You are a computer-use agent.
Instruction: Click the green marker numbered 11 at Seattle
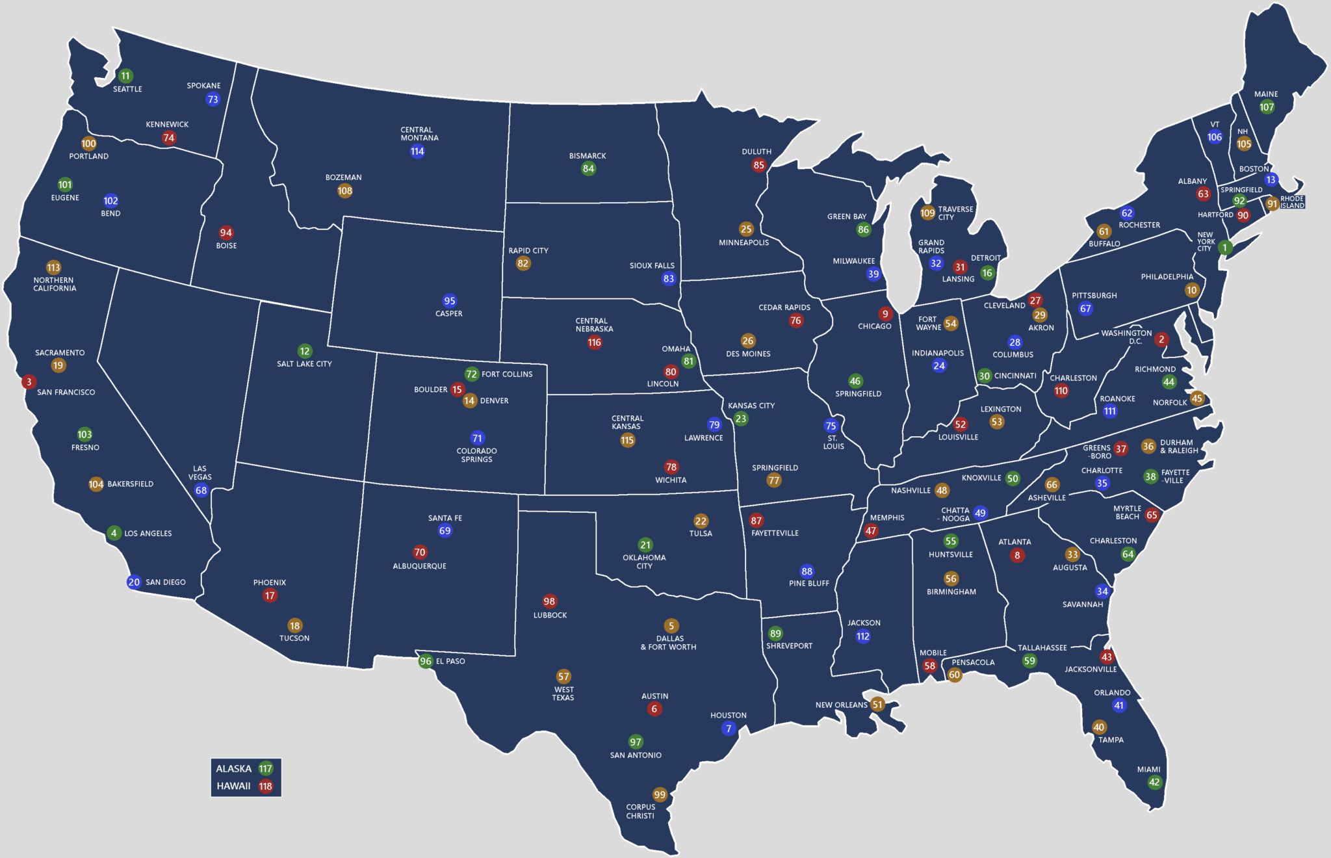(x=125, y=76)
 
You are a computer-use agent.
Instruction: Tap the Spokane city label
(x=203, y=86)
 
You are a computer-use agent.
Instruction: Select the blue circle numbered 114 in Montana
(x=417, y=151)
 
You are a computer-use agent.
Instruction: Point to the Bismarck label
(x=588, y=156)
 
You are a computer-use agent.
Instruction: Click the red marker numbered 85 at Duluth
(x=758, y=165)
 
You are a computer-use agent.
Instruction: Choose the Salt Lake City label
(x=304, y=364)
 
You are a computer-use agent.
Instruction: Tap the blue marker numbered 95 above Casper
(x=450, y=301)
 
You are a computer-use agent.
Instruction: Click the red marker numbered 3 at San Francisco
(x=29, y=382)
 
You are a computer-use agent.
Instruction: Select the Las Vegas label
(x=200, y=473)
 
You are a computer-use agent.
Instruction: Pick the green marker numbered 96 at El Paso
(x=426, y=661)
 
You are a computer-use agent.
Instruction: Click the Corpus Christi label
(x=640, y=811)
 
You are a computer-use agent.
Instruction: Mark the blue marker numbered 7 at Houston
(x=729, y=729)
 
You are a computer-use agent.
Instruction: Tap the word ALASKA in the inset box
(x=233, y=768)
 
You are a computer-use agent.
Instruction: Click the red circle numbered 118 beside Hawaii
(x=265, y=786)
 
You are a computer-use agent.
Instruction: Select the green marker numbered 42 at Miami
(x=1154, y=782)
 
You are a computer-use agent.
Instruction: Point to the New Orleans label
(x=841, y=705)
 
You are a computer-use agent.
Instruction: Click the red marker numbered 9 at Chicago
(x=885, y=314)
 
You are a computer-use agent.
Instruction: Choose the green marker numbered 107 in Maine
(x=1267, y=107)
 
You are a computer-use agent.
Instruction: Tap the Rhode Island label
(x=1292, y=202)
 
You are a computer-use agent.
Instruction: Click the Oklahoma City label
(x=644, y=562)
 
